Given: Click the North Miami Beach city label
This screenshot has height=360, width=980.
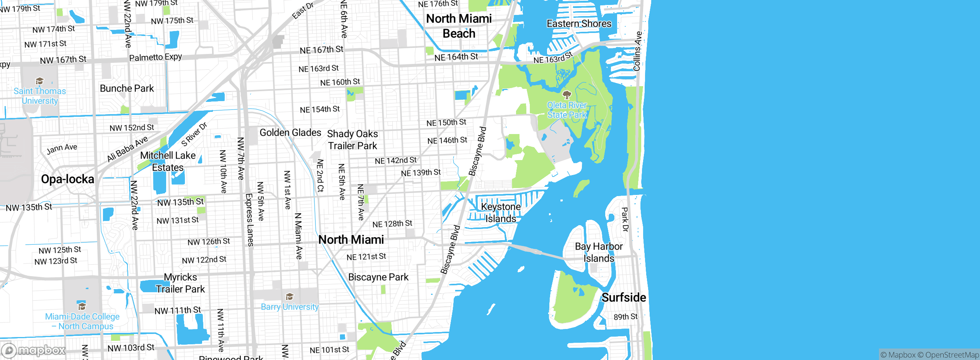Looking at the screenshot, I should coord(459,26).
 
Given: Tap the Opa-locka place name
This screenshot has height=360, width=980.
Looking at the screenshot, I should coord(67,179).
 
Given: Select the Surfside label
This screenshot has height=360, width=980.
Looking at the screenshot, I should coord(624,298).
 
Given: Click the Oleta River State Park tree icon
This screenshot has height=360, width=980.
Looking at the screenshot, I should coord(567,95).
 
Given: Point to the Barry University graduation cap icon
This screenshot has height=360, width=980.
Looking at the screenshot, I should coord(289,297).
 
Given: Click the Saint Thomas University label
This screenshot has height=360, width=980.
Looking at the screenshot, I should coord(40,96).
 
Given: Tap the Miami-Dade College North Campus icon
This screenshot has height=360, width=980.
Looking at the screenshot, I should coord(82,306).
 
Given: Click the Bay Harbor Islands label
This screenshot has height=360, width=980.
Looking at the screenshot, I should coord(599,252).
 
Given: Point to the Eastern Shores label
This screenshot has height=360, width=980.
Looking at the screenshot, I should coord(579,24).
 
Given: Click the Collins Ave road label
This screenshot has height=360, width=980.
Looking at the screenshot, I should coord(637,51).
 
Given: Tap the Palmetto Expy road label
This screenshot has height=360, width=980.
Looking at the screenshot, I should coord(155,57).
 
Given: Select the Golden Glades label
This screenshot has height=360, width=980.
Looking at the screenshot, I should coord(290,133).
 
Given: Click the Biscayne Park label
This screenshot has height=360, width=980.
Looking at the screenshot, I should coord(378,277).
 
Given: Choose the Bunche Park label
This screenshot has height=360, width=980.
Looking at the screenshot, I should coord(127,88).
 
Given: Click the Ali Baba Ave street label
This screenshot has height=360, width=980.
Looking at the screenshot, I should coord(127,149).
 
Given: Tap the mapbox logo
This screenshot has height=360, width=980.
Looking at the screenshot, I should coord(34,350).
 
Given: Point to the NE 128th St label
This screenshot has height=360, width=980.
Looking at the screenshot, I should coord(392,224).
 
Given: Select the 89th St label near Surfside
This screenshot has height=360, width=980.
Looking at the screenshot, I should coord(626,317).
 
